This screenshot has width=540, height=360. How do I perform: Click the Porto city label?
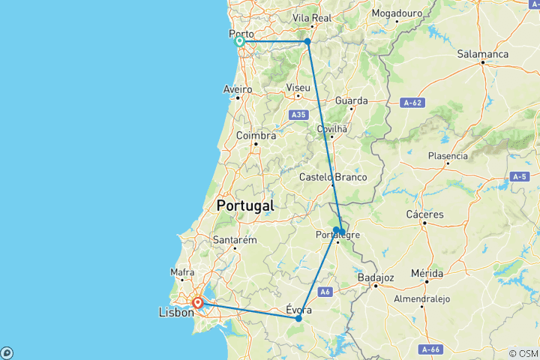click(x=241, y=34)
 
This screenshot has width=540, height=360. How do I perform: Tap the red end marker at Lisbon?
click(x=197, y=303)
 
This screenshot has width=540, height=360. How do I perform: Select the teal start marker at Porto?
click(x=239, y=41)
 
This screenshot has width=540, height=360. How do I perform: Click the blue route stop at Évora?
click(x=298, y=319)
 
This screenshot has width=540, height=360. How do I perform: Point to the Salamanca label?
click(x=484, y=54)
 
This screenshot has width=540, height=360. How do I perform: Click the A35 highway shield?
click(x=298, y=115)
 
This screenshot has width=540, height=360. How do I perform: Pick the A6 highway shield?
click(x=325, y=292)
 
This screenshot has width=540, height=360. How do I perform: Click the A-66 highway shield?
click(x=430, y=349)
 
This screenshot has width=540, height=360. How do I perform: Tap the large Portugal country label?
click(x=244, y=205)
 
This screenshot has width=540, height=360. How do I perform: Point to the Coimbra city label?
click(x=256, y=136)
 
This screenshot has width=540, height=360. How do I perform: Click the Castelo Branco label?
click(x=333, y=177)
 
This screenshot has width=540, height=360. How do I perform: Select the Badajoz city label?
click(x=376, y=277)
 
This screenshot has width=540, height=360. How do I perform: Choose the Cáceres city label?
click(x=424, y=214)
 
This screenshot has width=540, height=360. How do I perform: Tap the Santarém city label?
click(x=235, y=239)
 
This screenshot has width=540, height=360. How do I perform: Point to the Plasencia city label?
click(x=448, y=156)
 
